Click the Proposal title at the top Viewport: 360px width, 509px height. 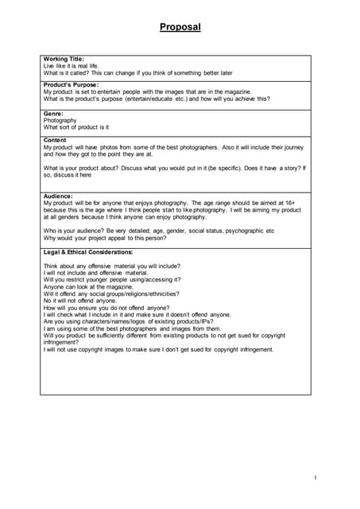(x=180, y=27)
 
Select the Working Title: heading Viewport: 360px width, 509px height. (x=63, y=59)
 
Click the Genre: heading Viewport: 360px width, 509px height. (x=53, y=114)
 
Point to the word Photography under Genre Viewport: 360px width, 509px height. (x=60, y=120)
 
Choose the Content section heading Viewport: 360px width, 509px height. (x=55, y=140)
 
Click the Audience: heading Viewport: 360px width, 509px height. (x=58, y=196)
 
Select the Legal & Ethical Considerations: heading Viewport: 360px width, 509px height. (x=88, y=252)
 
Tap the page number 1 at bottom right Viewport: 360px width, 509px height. (x=315, y=477)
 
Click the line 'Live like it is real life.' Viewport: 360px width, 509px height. (x=72, y=65)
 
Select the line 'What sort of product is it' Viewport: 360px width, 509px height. (x=76, y=127)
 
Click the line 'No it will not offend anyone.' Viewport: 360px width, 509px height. (x=80, y=301)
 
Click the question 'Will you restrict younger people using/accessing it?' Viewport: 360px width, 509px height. (x=112, y=280)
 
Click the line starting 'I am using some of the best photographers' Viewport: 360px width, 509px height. (x=132, y=328)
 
